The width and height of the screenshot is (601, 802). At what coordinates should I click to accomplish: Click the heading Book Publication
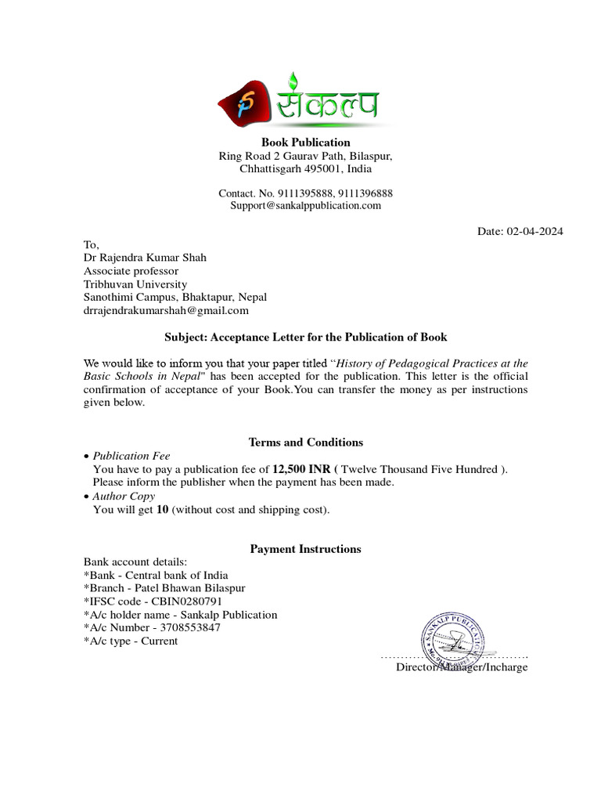click(305, 143)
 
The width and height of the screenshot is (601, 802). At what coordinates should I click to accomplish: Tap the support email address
click(305, 206)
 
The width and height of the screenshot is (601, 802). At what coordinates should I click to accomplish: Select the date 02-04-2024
click(534, 231)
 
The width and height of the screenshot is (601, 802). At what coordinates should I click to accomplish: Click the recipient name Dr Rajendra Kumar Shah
click(146, 258)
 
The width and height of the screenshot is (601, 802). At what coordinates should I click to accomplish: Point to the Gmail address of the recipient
click(166, 310)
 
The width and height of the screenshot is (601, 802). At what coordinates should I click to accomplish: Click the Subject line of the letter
click(305, 337)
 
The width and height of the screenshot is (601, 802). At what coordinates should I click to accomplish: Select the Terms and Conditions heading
click(305, 443)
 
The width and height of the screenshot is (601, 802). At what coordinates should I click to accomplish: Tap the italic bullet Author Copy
click(124, 496)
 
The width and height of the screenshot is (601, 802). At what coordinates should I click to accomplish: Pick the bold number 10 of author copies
click(163, 510)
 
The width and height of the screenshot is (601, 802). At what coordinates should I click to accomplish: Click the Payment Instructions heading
click(305, 549)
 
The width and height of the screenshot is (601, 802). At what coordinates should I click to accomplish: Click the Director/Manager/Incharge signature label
click(462, 667)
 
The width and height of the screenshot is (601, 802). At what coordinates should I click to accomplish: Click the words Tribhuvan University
click(135, 284)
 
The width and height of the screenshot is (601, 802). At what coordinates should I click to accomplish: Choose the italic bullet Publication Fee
click(131, 456)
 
